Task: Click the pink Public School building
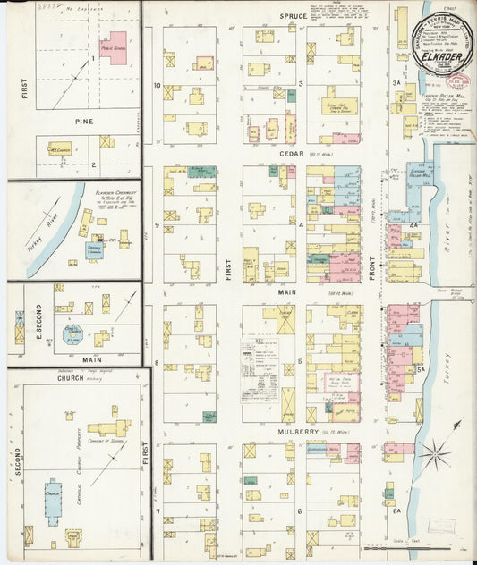click(113, 46)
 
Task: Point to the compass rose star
click(435, 453)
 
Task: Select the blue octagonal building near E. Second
click(72, 334)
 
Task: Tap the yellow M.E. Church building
click(60, 148)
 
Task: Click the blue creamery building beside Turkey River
click(94, 249)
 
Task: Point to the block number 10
click(157, 86)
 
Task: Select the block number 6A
click(396, 510)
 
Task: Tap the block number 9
click(157, 225)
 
